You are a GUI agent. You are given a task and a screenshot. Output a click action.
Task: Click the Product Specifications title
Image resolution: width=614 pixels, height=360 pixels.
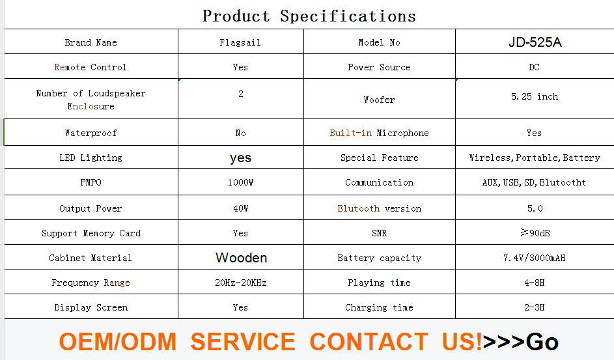(309, 16)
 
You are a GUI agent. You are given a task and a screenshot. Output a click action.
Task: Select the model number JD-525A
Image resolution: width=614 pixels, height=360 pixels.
(535, 42)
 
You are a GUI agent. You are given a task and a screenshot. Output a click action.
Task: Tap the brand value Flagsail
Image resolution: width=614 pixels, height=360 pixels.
(240, 43)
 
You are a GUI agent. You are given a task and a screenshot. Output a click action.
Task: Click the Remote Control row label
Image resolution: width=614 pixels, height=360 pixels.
(91, 67)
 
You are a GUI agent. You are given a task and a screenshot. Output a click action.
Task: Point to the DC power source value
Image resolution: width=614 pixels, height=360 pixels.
(534, 67)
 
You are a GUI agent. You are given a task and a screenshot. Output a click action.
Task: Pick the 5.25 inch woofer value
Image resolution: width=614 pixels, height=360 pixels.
(535, 96)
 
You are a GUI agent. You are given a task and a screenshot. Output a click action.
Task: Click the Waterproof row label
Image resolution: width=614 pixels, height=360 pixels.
(91, 133)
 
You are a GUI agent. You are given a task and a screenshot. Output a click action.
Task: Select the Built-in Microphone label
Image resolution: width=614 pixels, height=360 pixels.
(379, 133)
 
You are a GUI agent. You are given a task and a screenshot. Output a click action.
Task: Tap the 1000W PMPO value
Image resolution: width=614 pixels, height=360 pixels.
(240, 182)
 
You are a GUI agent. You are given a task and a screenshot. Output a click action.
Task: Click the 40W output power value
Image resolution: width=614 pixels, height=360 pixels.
(240, 208)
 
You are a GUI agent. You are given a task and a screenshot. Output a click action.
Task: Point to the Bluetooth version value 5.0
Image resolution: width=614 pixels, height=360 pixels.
(535, 208)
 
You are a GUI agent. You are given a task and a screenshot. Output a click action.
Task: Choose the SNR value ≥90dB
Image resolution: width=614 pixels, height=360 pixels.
(535, 233)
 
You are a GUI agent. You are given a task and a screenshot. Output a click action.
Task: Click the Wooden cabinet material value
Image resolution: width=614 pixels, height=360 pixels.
(241, 258)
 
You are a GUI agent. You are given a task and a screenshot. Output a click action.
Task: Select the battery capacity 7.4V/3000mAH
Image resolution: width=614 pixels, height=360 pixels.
(535, 258)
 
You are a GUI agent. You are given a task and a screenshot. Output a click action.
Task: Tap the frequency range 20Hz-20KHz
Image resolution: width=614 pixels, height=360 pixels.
(240, 283)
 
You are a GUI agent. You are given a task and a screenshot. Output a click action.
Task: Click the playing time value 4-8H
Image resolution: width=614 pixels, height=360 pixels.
(535, 283)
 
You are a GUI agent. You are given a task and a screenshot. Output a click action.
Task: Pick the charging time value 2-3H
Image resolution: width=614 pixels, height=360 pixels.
(535, 307)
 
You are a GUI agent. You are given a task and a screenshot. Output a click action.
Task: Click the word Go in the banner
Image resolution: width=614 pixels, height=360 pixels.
(542, 342)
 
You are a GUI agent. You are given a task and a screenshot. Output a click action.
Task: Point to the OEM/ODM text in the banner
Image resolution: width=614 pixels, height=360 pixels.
(117, 342)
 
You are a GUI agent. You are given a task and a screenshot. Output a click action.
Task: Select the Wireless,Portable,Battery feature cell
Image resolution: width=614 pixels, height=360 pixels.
(535, 158)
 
